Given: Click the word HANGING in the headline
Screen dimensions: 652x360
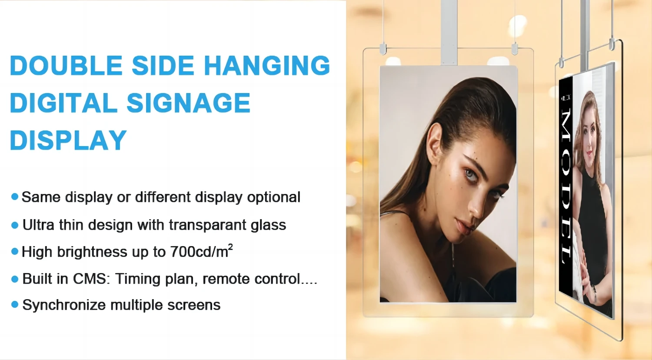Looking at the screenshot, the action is pyautogui.click(x=267, y=65).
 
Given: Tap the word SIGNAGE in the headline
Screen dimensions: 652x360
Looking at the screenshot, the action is pyautogui.click(x=188, y=103).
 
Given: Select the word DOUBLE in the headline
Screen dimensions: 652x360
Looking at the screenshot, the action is pyautogui.click(x=66, y=65).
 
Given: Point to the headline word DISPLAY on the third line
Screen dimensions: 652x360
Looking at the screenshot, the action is pyautogui.click(x=68, y=140).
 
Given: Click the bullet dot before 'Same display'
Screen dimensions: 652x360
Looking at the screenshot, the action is pyautogui.click(x=14, y=197).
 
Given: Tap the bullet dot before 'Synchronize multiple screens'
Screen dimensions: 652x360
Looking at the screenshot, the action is pyautogui.click(x=14, y=305).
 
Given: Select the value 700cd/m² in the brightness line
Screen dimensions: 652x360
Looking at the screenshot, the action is pyautogui.click(x=201, y=251).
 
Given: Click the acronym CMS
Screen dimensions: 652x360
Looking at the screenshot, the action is pyautogui.click(x=90, y=279).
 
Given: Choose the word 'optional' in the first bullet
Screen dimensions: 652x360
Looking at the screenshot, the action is pyautogui.click(x=273, y=197).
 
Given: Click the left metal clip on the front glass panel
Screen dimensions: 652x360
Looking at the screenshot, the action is pyautogui.click(x=383, y=49).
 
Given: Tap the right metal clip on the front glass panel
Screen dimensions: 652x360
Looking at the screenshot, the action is pyautogui.click(x=515, y=49).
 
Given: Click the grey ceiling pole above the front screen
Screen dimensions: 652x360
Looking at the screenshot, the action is pyautogui.click(x=449, y=32).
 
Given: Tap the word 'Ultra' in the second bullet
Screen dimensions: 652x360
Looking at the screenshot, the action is pyautogui.click(x=38, y=225).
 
